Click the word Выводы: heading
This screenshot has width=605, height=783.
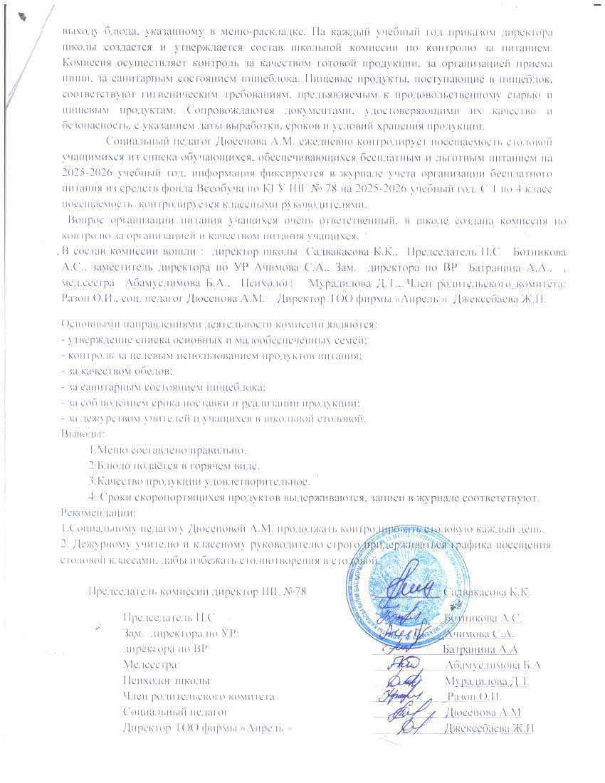83,433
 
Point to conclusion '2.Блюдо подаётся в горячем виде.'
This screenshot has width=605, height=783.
174,466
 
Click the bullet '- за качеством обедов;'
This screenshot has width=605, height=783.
117,371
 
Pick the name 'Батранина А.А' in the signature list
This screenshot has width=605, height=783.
480,649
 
